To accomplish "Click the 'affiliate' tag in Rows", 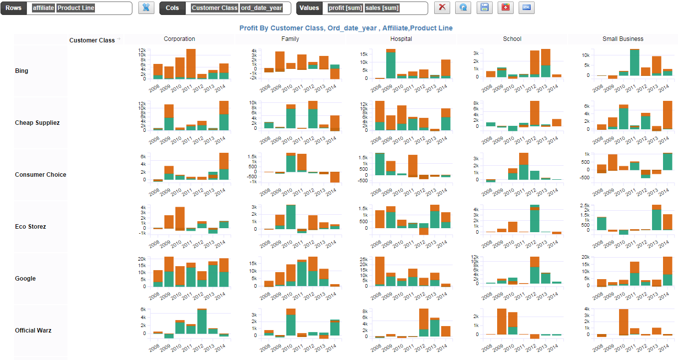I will pyautogui.click(x=43, y=8).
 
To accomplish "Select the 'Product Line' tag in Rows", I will pyautogui.click(x=75, y=8).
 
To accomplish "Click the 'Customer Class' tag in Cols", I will pyautogui.click(x=214, y=8).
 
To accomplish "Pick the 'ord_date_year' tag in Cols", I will pyautogui.click(x=261, y=8).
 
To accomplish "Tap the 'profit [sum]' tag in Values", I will pyautogui.click(x=345, y=8).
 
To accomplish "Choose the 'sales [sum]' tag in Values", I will pyautogui.click(x=382, y=8).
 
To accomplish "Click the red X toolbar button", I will pyautogui.click(x=442, y=7).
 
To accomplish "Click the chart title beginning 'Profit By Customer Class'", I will pyautogui.click(x=346, y=28).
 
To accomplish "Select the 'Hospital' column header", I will pyautogui.click(x=401, y=39).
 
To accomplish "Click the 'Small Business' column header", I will pyautogui.click(x=623, y=39).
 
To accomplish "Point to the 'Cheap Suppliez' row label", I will pyautogui.click(x=37, y=123).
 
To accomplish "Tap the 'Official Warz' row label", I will pyautogui.click(x=33, y=331).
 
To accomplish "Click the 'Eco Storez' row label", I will pyautogui.click(x=30, y=227).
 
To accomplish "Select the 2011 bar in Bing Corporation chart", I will pyautogui.click(x=191, y=64).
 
